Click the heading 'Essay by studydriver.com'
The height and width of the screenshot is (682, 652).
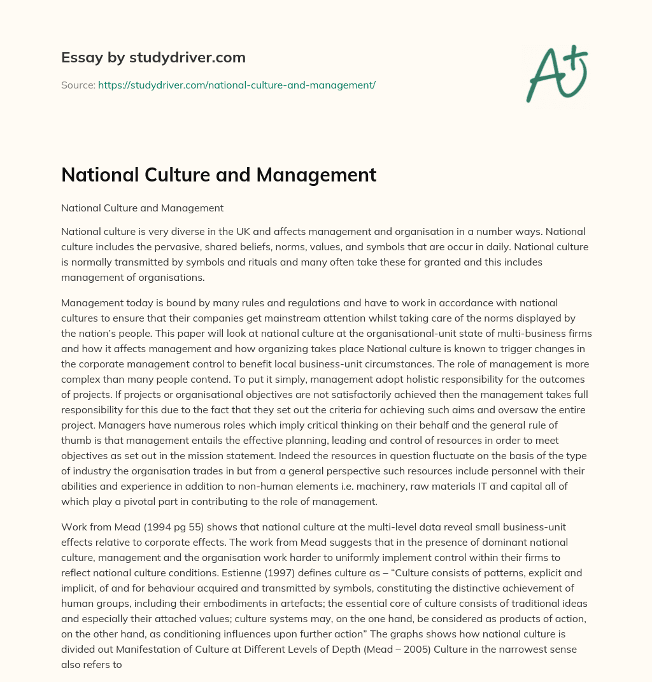(x=153, y=57)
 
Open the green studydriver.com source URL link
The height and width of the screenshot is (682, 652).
(x=236, y=85)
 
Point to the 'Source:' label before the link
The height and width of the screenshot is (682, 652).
(x=78, y=85)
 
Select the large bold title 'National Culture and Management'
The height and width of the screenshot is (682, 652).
(x=218, y=175)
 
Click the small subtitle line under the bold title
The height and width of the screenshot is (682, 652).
(x=142, y=208)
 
